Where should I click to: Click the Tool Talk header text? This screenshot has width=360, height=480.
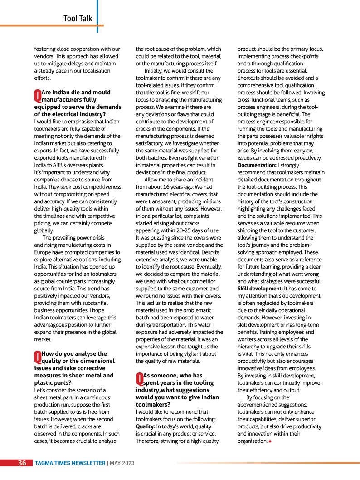[78, 19]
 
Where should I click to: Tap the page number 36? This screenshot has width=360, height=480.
[22, 463]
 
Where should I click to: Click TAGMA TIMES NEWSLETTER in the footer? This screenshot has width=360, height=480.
[70, 463]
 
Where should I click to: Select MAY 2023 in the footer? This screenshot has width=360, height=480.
[122, 463]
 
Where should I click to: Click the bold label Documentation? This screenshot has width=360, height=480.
[257, 165]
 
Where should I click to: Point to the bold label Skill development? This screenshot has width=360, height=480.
[260, 288]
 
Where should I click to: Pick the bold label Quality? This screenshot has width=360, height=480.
[146, 426]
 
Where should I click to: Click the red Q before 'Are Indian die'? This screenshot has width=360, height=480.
[37, 95]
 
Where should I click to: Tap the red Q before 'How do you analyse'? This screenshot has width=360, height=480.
[37, 357]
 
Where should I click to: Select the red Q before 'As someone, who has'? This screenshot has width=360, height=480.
[139, 379]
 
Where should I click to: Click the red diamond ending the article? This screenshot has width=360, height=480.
[270, 441]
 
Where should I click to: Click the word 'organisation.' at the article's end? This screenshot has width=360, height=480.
[252, 441]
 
